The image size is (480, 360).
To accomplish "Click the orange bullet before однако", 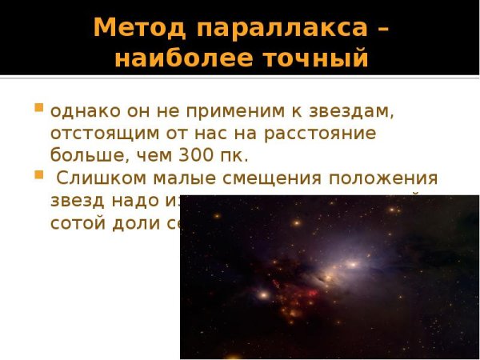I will coord(38,107).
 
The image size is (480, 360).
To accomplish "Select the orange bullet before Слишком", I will coord(38,173).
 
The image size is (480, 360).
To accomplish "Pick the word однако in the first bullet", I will coord(80,110).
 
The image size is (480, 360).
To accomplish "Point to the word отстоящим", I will coord(97,132).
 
